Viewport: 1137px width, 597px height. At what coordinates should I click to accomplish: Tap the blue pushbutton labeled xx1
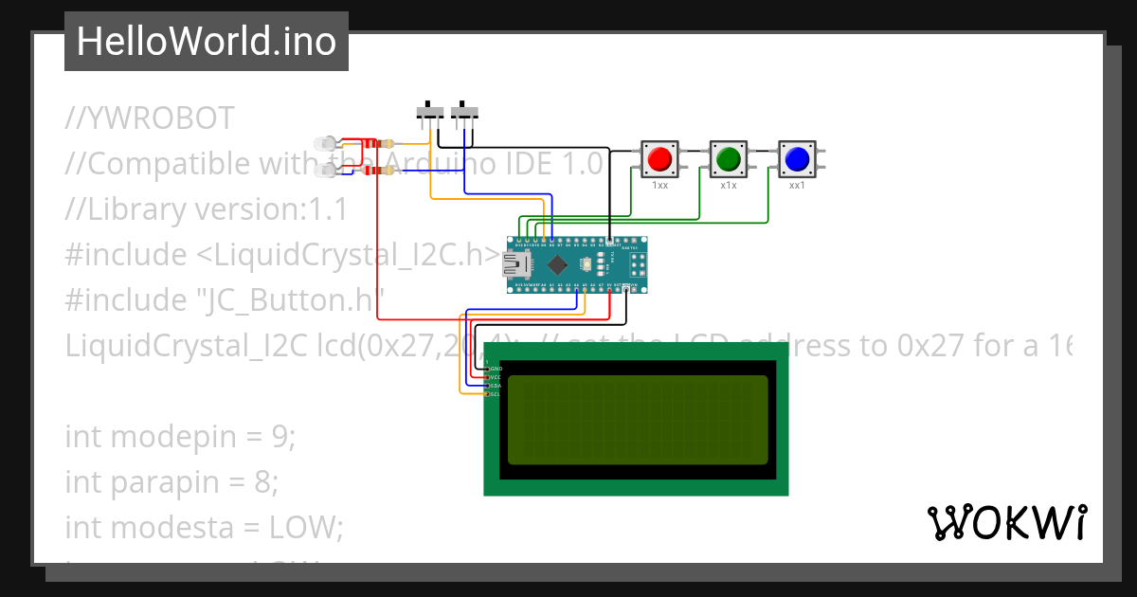(797, 157)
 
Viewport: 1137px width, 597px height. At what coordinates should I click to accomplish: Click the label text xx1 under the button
(797, 186)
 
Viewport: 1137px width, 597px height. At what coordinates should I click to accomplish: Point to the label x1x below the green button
(728, 186)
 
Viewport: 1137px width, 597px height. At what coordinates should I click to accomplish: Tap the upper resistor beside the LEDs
(386, 144)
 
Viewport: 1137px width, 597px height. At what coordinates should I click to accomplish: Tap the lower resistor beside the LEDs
(386, 171)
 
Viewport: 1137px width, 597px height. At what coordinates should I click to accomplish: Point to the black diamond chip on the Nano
(559, 264)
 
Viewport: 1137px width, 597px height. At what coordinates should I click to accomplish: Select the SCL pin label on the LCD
(495, 394)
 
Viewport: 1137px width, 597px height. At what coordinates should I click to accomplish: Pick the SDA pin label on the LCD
(495, 386)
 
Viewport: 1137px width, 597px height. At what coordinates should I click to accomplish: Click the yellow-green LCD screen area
(638, 420)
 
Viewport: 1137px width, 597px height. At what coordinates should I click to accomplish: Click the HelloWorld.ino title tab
(207, 42)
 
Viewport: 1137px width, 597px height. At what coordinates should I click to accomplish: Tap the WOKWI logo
(1006, 522)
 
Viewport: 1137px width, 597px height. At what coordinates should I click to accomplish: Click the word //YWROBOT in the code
(150, 118)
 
